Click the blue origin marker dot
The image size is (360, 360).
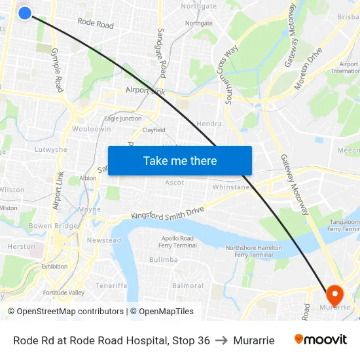pos(25,12)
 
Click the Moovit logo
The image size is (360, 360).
pos(320,340)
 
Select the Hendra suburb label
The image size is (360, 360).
pos(209,124)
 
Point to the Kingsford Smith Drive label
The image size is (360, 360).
pos(168,213)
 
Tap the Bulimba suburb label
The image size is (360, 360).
pos(163,260)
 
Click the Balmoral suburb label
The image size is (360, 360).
pos(188,286)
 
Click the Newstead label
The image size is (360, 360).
pos(104,240)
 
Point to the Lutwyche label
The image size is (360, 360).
pos(51,150)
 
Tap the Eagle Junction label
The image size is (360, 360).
pos(122,118)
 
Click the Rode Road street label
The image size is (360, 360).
pos(96,24)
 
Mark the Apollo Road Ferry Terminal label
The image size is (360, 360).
pos(177,242)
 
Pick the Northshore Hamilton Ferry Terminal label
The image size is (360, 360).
pos(253,251)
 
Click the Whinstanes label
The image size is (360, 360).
pos(233,187)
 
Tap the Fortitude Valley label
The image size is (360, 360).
pos(63,293)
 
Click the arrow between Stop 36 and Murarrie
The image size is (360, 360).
pos(221,340)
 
